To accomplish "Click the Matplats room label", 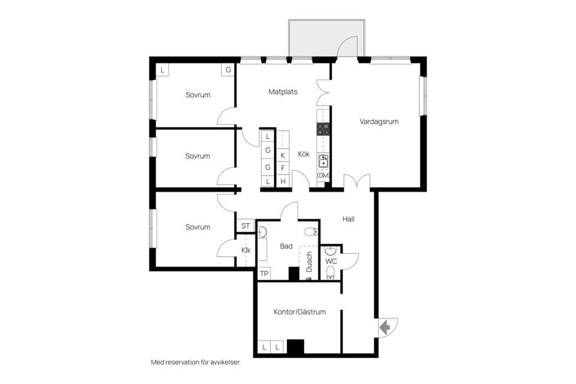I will [x=283, y=92].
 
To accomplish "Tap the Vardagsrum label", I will [x=379, y=121].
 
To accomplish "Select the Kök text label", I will [x=304, y=154].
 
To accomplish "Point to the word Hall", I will [x=349, y=219].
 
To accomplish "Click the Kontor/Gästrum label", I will [x=299, y=312].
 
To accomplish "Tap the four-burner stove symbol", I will [x=323, y=128].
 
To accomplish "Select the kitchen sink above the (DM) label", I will [x=323, y=160].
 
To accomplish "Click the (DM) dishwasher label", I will [x=323, y=175].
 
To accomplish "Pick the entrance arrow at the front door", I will [x=385, y=327].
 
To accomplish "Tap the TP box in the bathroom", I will [x=264, y=274].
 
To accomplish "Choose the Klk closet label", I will [x=246, y=250].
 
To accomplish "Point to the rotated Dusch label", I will [x=310, y=262].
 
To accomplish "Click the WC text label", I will [x=331, y=262].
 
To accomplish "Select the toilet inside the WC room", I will [x=331, y=274].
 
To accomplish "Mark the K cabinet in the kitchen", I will [x=283, y=155].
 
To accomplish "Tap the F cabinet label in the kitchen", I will [x=283, y=168].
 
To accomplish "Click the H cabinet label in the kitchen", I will [x=283, y=181].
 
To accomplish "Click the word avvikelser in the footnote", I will [x=223, y=362].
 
